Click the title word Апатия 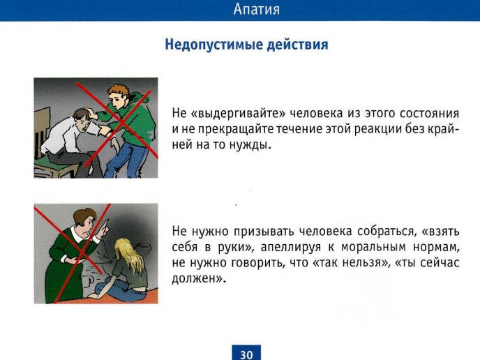257,10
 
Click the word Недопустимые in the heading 214,45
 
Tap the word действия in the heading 297,45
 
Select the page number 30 246,354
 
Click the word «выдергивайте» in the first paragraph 238,114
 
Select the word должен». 199,278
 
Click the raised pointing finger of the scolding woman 105,224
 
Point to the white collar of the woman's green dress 80,236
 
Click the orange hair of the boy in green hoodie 119,91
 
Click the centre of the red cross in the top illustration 120,122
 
